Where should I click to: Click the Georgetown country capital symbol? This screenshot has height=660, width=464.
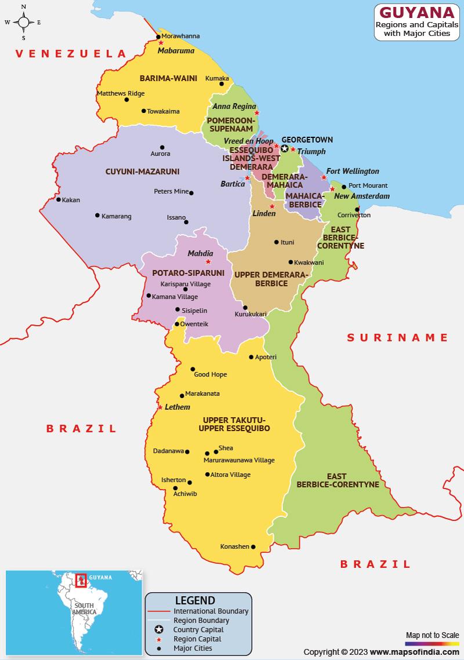click(284, 149)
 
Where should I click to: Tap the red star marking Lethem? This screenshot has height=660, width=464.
click(160, 407)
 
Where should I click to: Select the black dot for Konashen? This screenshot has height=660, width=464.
click(253, 546)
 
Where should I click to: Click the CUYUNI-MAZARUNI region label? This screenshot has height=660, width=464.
click(142, 172)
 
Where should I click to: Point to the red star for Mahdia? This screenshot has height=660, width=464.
click(208, 261)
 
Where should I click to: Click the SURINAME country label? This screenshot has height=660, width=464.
click(397, 337)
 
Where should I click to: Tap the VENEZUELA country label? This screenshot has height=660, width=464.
click(71, 54)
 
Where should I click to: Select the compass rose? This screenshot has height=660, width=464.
click(24, 23)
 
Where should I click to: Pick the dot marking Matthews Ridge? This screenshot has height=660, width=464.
click(126, 100)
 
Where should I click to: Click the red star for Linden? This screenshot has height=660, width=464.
click(272, 206)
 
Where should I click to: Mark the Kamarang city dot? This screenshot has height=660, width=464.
click(97, 216)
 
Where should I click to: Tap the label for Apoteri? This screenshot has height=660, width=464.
click(266, 357)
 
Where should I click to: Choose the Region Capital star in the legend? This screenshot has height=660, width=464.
click(158, 639)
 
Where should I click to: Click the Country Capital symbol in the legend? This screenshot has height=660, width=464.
click(158, 630)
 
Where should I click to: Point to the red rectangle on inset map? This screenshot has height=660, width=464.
click(81, 580)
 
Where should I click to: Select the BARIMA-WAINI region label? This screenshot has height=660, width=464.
click(168, 78)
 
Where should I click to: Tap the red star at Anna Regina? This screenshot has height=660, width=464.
click(257, 112)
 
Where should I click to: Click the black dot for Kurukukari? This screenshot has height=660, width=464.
click(245, 308)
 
